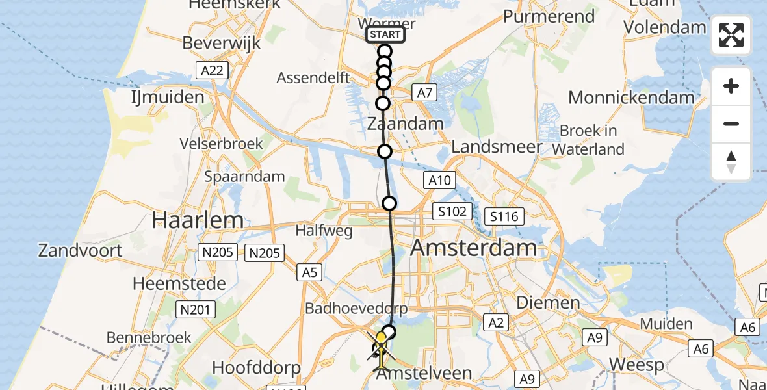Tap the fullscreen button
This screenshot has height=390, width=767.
731,35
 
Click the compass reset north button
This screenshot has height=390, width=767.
731,162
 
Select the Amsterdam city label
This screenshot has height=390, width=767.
474,248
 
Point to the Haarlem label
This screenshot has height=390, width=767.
198,220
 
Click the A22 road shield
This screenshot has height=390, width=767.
213,70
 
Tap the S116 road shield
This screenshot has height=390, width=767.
505,216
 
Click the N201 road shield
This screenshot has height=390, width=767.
195,309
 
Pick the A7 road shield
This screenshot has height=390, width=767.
424,93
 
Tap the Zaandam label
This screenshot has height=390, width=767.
406,123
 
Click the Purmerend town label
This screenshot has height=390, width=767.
549,16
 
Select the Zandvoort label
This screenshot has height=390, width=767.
81,250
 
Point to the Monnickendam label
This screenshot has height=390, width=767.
631,97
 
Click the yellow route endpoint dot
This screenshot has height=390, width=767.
381,338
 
